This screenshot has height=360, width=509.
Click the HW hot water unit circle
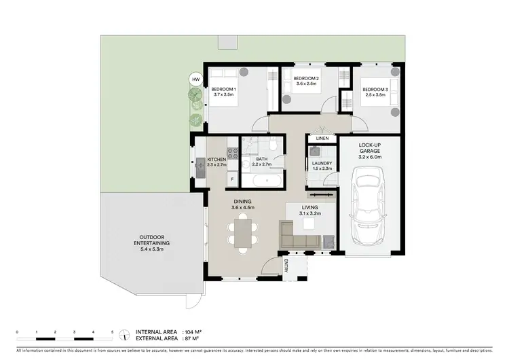(196, 80)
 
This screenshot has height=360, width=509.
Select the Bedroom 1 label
(223, 90)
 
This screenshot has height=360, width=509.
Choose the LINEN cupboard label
(322, 139)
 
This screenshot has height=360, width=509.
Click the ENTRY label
(286, 266)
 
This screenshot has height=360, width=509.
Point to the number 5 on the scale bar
(112, 331)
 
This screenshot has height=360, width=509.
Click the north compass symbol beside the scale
(124, 334)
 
